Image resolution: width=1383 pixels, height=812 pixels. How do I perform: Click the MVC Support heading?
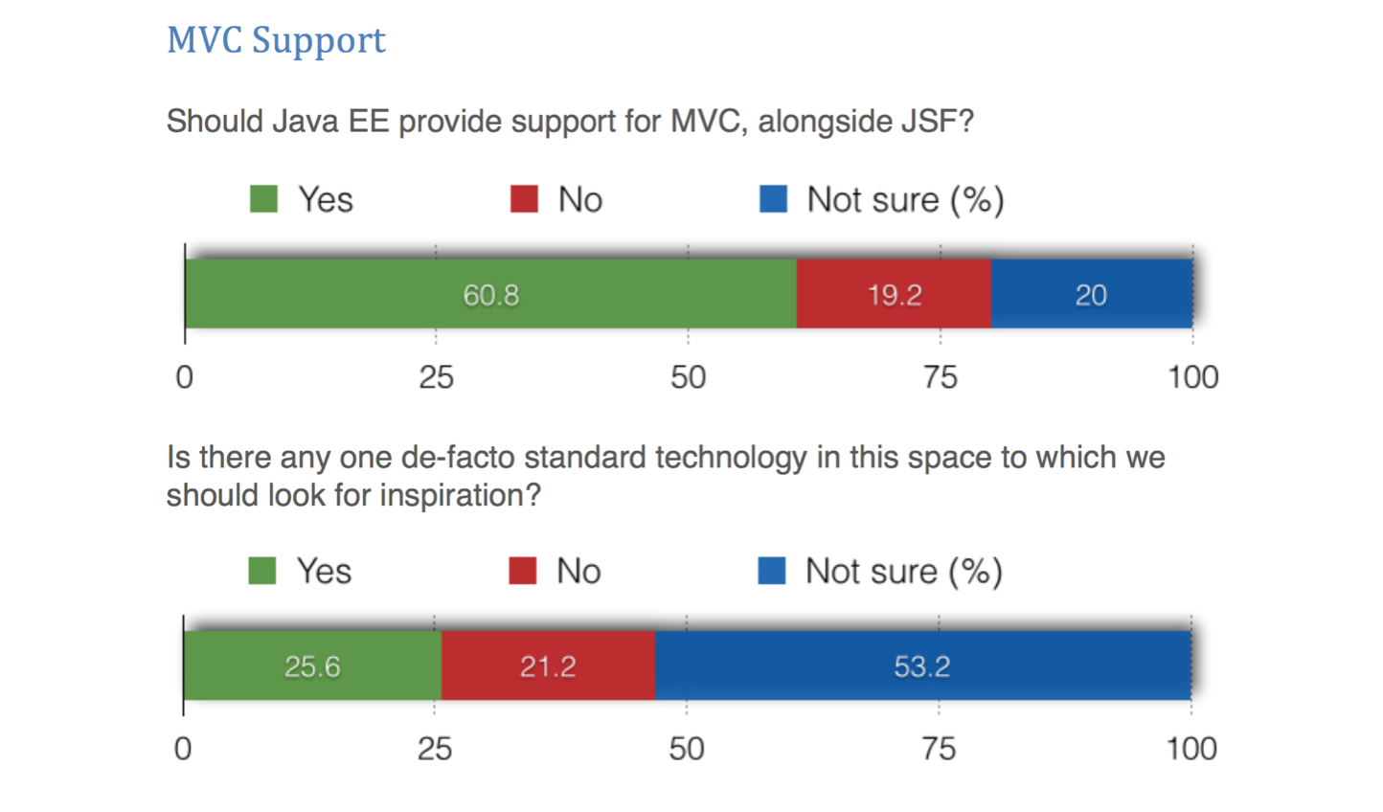coord(276,40)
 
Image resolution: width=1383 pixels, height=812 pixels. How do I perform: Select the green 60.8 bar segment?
coord(490,294)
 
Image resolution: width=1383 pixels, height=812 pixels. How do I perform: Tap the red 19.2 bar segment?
coord(894,294)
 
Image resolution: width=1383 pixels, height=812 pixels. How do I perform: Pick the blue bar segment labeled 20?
coord(1092,294)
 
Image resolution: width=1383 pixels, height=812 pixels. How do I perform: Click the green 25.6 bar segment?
coord(312,665)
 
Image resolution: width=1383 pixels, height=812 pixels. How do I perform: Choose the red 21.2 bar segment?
coord(548,665)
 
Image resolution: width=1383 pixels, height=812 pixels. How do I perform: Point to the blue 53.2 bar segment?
coord(922,665)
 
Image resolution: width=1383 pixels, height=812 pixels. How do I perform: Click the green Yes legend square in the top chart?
coord(263,199)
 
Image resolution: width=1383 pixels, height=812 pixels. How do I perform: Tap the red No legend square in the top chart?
coord(524,199)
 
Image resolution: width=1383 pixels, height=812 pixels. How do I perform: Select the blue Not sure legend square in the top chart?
coord(773,199)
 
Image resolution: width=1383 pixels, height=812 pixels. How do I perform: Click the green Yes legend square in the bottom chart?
coord(261,571)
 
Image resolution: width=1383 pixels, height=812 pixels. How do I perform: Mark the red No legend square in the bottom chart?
coord(522,571)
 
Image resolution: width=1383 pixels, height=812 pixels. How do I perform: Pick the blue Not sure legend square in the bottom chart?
coord(771,571)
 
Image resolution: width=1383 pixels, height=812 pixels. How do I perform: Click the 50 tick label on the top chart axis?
coord(688,377)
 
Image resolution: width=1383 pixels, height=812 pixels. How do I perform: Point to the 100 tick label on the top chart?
coord(1192,377)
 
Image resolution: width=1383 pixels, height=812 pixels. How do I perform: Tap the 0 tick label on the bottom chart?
coord(183,749)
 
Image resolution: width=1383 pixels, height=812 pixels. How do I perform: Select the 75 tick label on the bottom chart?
coord(939,749)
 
